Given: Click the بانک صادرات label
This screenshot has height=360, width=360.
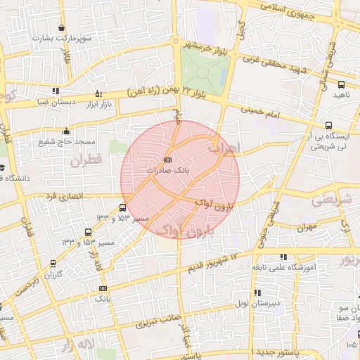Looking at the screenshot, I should tap(168, 171).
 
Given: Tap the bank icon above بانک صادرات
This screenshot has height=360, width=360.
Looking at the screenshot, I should tap(167, 160).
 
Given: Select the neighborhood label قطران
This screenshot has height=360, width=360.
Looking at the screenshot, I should tap(86, 161).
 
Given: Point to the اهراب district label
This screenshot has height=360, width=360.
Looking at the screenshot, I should tap(225, 148).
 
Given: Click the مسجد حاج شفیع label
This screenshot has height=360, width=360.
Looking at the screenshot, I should tap(66, 142).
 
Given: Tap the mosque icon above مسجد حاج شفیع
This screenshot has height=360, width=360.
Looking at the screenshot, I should tap(66, 131).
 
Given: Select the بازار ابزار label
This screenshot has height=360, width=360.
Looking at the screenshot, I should tap(97, 104).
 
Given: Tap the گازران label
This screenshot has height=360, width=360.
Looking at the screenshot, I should tap(55, 275).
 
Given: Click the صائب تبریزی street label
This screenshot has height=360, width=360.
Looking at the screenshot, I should tap(149, 324).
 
